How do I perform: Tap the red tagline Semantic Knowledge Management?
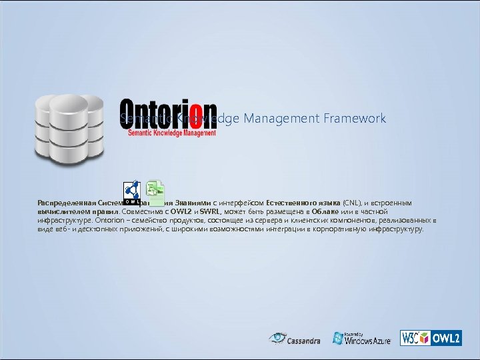coord(172,133)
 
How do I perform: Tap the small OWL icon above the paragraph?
coord(132,192)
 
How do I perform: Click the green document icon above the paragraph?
coord(156,192)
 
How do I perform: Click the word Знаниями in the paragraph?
coord(193,202)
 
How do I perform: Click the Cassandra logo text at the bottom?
coord(303,341)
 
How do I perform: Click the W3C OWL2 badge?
coord(430,338)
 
